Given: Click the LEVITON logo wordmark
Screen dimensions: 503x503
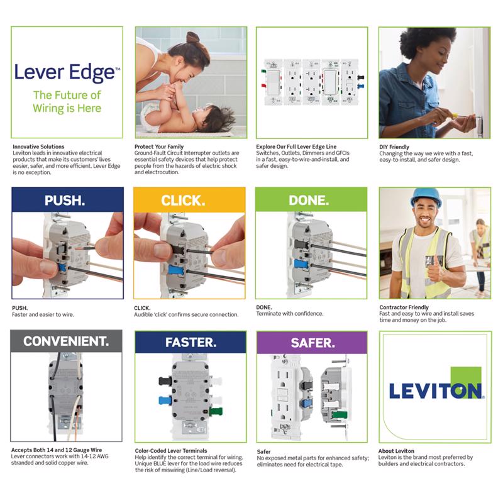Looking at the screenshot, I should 434,390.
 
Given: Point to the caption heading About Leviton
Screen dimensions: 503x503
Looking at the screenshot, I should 397,451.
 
